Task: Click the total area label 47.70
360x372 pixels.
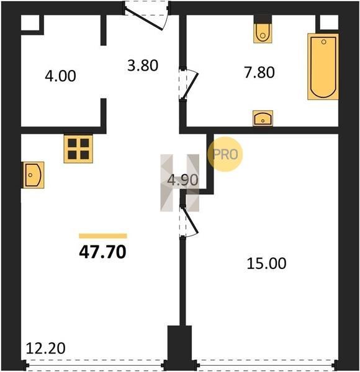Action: pyautogui.click(x=102, y=252)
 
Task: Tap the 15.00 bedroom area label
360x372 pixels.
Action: pyautogui.click(x=266, y=263)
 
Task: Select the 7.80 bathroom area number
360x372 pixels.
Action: pyautogui.click(x=259, y=73)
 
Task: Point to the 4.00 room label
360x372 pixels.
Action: pyautogui.click(x=60, y=76)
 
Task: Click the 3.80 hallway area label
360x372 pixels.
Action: pyautogui.click(x=143, y=66)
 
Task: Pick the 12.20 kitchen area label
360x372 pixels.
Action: pyautogui.click(x=45, y=348)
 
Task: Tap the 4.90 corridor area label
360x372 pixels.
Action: pyautogui.click(x=182, y=180)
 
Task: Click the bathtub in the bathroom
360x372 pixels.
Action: pyautogui.click(x=323, y=67)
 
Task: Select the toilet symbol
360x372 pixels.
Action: pyautogui.click(x=263, y=33)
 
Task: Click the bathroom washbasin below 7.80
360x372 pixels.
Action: pyautogui.click(x=263, y=118)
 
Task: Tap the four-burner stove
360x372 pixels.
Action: pyautogui.click(x=78, y=149)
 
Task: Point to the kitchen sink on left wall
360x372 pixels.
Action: pyautogui.click(x=34, y=175)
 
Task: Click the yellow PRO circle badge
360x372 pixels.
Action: pyautogui.click(x=225, y=154)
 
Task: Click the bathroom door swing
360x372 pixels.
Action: pyautogui.click(x=189, y=84)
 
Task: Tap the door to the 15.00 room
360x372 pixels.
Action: pyautogui.click(x=189, y=221)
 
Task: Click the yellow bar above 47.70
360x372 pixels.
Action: pyautogui.click(x=103, y=236)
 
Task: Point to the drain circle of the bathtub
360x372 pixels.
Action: pyautogui.click(x=323, y=42)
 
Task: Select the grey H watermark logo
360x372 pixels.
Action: pyautogui.click(x=180, y=183)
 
